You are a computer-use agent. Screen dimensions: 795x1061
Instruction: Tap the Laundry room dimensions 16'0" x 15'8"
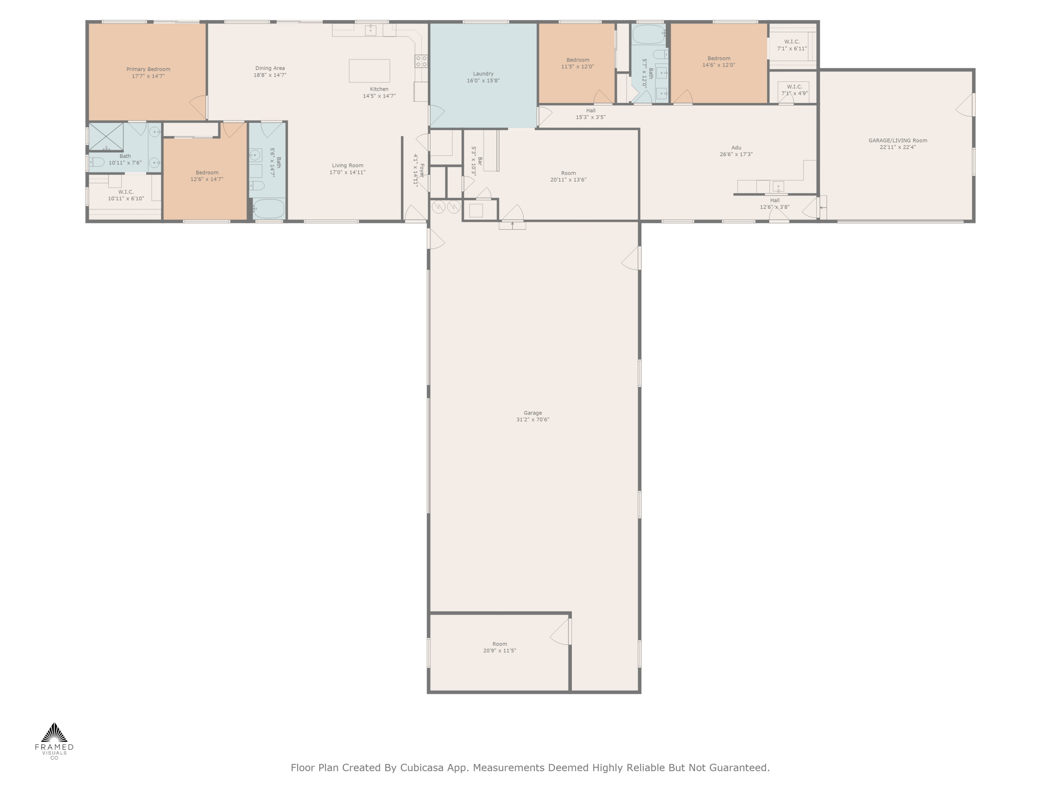click(x=483, y=81)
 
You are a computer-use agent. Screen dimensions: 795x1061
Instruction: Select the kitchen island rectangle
click(x=369, y=71)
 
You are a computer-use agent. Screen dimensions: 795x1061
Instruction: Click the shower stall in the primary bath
click(x=106, y=137)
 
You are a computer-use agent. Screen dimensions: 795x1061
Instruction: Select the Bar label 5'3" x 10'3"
click(x=477, y=161)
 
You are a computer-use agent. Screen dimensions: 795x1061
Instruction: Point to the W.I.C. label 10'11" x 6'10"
click(x=126, y=195)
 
